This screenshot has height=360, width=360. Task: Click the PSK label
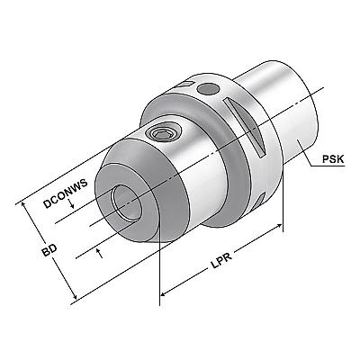[x=333, y=158]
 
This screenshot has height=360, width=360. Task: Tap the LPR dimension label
[x=221, y=260]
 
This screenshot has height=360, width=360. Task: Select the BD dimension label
[x=49, y=250]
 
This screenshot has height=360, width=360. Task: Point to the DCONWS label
[x=66, y=193]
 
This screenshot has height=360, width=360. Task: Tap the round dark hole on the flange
[x=208, y=89]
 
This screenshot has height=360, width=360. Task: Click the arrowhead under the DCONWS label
[x=71, y=206]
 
